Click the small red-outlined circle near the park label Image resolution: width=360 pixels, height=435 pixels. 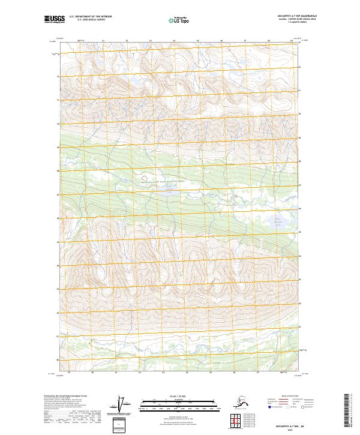click(143, 177)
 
